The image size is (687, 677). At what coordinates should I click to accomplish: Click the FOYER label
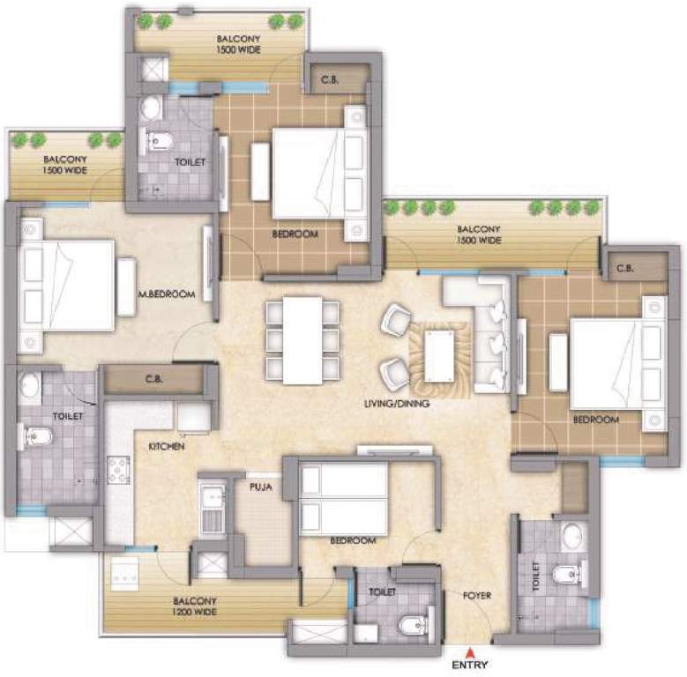(x=477, y=596)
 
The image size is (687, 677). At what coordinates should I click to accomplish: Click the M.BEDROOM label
(x=166, y=295)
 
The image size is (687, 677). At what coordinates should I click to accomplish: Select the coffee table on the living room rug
(x=438, y=358)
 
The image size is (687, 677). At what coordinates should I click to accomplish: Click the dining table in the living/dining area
(x=302, y=340)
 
